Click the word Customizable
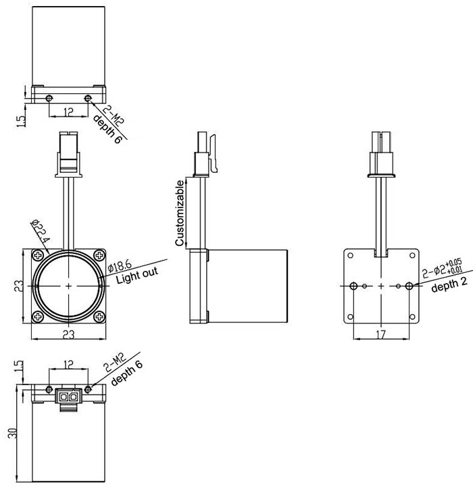(180, 213)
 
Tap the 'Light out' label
(137, 275)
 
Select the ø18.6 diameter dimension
(120, 266)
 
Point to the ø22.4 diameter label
(41, 232)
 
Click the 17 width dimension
(381, 334)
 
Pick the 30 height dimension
(12, 433)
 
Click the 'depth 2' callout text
(449, 284)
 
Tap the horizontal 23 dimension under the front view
(69, 334)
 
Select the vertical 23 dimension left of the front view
(18, 286)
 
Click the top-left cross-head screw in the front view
(39, 255)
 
